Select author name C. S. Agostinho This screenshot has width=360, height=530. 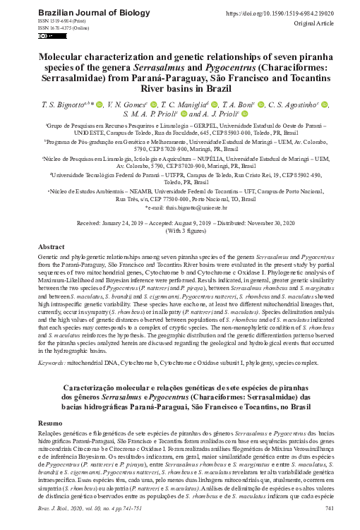tap(294, 104)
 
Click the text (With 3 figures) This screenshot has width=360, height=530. tap(181, 230)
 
